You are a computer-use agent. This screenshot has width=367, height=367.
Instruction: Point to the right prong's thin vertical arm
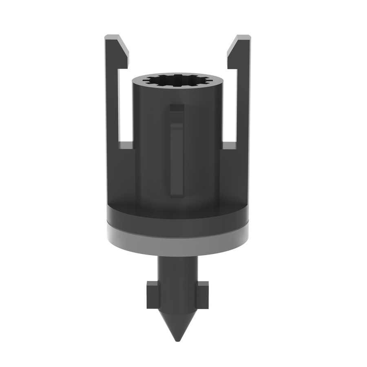coord(243,102)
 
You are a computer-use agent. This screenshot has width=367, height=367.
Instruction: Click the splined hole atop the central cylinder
coord(177,80)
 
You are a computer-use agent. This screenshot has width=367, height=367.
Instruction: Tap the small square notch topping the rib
coord(177,108)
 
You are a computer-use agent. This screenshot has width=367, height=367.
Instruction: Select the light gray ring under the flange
coord(177,243)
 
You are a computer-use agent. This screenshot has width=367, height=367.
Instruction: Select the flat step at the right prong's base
coord(229,145)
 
